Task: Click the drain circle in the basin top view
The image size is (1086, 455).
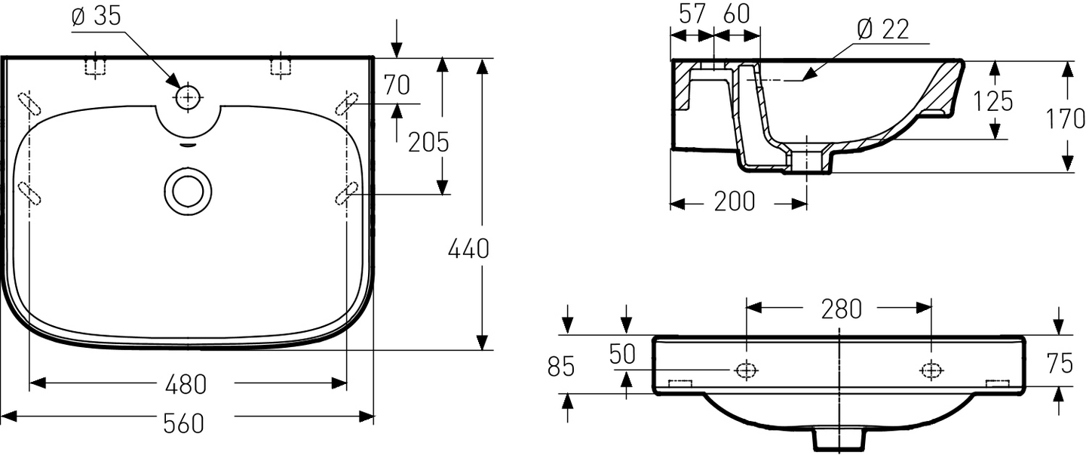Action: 186,190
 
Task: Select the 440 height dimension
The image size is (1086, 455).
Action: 469,248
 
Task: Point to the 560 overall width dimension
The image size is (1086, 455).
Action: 184,424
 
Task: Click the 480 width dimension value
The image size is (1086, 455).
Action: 186,385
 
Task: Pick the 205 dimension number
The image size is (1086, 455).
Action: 428,142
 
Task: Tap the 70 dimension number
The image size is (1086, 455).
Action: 397,86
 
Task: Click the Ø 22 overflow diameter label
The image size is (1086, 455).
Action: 883,29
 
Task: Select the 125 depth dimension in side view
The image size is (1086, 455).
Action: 992,101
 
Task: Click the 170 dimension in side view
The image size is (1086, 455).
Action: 1065,119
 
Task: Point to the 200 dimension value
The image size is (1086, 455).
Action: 734,201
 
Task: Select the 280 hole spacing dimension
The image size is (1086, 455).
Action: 840,309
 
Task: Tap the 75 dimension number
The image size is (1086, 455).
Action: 1060,364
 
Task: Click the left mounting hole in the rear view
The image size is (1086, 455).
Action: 746,370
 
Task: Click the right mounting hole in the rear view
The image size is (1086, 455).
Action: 931,370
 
